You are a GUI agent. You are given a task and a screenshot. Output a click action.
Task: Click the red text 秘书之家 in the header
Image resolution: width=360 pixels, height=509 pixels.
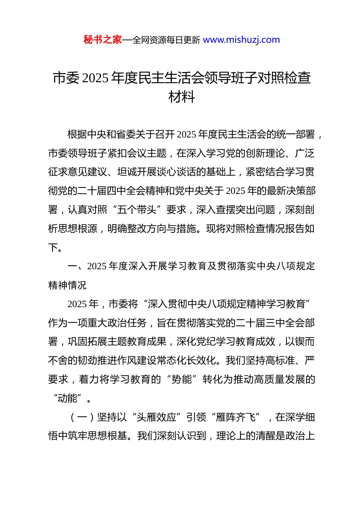tap(102, 40)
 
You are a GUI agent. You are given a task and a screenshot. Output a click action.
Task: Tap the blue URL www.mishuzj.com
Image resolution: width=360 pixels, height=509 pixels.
tap(241, 40)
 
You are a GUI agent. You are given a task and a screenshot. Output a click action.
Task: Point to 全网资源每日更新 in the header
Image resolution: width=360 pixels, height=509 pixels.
tap(166, 40)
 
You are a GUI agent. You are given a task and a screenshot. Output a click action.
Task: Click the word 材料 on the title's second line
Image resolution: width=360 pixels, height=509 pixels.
tap(182, 97)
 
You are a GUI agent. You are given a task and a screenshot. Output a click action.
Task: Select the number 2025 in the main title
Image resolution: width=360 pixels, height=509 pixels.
tap(95, 78)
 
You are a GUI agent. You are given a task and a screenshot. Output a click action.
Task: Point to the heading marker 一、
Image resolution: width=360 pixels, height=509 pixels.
tap(77, 266)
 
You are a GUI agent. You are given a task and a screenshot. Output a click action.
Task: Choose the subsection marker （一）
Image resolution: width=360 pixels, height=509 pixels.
tap(82, 417)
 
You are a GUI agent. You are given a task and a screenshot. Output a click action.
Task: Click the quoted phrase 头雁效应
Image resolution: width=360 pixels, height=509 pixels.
tap(157, 417)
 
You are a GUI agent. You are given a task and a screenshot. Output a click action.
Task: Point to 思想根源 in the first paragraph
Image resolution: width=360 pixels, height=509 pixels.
tap(78, 229)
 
